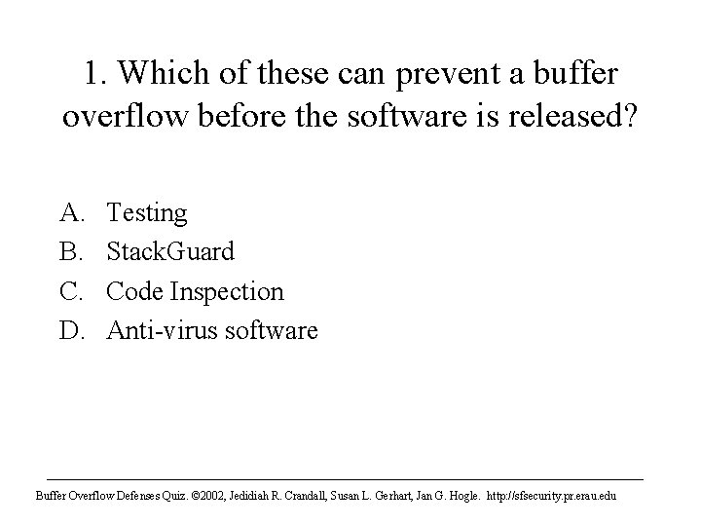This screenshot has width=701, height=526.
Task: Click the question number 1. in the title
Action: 95,75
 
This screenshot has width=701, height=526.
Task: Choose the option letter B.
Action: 73,252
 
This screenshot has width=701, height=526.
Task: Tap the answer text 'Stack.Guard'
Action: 170,252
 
